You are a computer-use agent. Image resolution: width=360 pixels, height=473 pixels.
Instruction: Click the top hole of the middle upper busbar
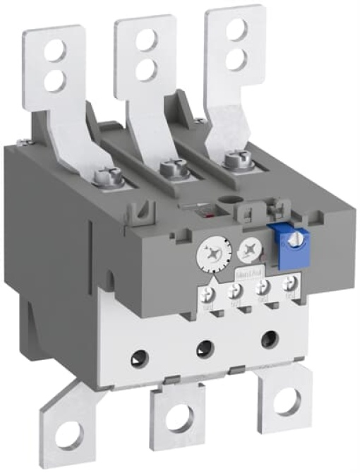coord(145,40)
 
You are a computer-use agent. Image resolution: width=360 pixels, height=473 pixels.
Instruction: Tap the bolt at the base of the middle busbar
coord(169,169)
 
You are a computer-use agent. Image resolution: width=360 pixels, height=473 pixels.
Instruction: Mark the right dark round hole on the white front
coord(269,338)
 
